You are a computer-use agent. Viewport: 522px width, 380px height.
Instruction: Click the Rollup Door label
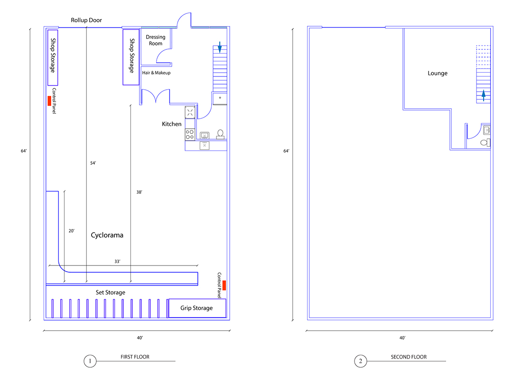tap(86, 20)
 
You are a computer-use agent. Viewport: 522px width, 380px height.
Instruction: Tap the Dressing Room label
tap(156, 40)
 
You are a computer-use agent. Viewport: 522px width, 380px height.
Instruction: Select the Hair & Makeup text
tap(156, 73)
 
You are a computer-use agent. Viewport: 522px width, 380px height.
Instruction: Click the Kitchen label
tap(171, 124)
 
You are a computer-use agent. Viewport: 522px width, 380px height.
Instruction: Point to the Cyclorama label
tap(107, 235)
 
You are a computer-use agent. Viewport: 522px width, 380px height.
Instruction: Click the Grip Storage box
tap(197, 308)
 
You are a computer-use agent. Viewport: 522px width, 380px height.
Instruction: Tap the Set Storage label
tap(111, 292)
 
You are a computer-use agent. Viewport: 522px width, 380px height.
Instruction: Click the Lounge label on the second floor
tap(438, 73)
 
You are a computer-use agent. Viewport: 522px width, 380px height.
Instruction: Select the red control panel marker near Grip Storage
tap(224, 285)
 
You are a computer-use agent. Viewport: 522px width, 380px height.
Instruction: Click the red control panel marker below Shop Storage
tap(49, 101)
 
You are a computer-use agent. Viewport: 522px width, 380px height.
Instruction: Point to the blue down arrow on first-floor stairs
tap(220, 47)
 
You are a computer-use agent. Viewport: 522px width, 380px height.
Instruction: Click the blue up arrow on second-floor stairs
tap(484, 95)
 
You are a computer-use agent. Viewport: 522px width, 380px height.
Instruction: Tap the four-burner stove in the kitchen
tap(190, 135)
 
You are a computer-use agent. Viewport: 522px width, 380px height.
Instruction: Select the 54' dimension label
tap(93, 163)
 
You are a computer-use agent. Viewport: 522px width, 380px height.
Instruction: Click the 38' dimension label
tap(139, 192)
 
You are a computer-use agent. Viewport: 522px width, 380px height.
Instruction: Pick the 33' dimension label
tap(117, 261)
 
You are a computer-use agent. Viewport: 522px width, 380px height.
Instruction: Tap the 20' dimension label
tap(72, 231)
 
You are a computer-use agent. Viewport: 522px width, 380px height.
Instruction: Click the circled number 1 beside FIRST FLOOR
tap(90, 361)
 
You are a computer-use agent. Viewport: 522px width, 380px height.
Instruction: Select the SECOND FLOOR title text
tap(409, 357)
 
